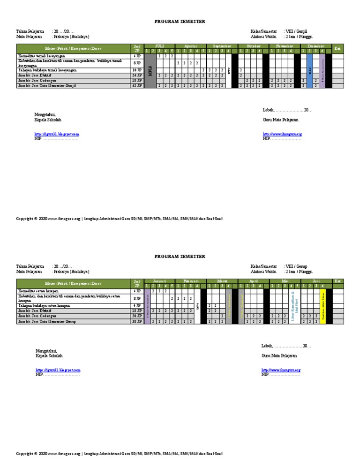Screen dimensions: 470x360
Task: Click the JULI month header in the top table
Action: (159, 46)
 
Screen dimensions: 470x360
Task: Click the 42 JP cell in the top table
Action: (137, 86)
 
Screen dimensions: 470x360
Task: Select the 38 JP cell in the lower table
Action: (137, 321)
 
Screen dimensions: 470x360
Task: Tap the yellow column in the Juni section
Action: (322, 306)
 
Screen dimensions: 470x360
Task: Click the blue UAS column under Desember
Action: (310, 70)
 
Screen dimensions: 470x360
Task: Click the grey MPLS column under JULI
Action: (150, 70)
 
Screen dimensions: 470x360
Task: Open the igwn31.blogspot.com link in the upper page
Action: (57, 134)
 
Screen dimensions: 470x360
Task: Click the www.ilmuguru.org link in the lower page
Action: (281, 370)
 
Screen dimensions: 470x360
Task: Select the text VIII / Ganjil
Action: (295, 31)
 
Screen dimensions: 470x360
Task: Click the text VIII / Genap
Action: (295, 266)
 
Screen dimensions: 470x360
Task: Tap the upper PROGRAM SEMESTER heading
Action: (180, 22)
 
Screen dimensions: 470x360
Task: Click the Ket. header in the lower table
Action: (337, 281)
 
